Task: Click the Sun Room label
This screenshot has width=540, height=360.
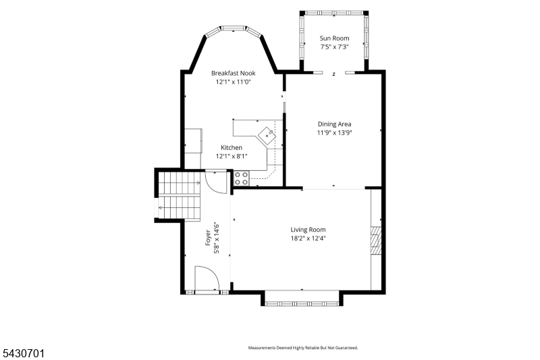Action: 334,38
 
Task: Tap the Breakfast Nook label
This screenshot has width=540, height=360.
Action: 233,73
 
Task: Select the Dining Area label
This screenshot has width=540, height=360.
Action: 334,124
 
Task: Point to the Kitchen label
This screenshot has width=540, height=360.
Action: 232,147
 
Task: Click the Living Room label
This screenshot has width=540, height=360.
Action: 308,230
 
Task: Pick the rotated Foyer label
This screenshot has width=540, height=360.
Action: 208,237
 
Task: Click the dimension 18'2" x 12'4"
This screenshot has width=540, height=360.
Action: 308,238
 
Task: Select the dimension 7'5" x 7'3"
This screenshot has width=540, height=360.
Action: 334,47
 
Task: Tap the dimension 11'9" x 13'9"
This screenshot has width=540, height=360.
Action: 334,132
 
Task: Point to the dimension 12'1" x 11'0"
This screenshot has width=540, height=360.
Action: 233,82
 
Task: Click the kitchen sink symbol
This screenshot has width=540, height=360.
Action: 267,135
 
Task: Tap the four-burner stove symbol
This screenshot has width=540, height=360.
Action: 242,178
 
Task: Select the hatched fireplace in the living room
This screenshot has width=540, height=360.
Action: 376,240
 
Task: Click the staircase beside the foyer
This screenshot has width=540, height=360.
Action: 180,195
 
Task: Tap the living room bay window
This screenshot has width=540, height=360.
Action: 302,303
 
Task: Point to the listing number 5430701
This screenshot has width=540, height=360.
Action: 24,353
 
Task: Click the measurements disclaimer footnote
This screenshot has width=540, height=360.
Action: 303,348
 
